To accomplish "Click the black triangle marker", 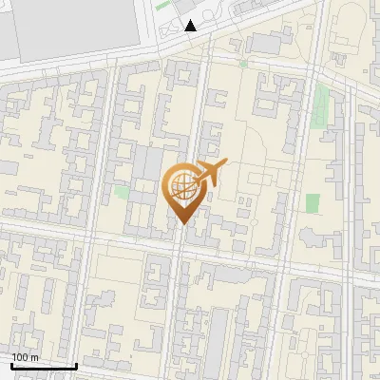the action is [x=191, y=26].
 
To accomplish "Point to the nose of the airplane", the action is [x=225, y=163].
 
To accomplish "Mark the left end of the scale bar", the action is [x=12, y=366].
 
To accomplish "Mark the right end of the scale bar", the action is [x=76, y=366].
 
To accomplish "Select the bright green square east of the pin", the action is [x=313, y=203].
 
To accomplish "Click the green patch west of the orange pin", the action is [x=122, y=191].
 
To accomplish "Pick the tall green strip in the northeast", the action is [x=323, y=99].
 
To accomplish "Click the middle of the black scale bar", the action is [x=44, y=366].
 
